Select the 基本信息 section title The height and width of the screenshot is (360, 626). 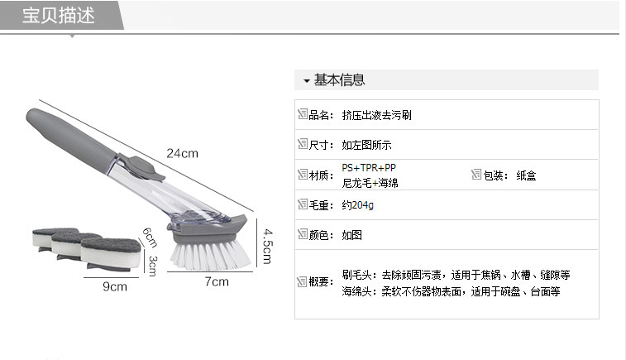339,80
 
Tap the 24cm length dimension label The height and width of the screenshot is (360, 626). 183,154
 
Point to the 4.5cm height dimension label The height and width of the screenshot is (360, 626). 265,241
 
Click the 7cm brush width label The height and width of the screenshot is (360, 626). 216,282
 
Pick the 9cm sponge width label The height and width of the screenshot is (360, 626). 114,287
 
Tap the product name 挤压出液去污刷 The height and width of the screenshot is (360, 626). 376,116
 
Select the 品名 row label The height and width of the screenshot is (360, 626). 320,116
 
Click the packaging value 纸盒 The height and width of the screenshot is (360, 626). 527,175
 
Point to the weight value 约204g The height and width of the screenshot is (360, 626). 357,204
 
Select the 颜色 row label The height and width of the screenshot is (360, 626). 320,235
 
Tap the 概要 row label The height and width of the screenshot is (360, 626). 320,282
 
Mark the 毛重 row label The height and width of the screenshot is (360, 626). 320,204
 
